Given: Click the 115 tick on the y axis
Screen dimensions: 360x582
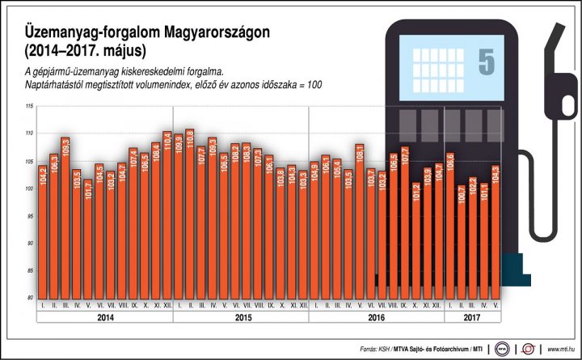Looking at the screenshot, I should [x=29, y=106].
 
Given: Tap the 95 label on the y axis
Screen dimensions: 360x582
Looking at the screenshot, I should [x=29, y=216].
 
